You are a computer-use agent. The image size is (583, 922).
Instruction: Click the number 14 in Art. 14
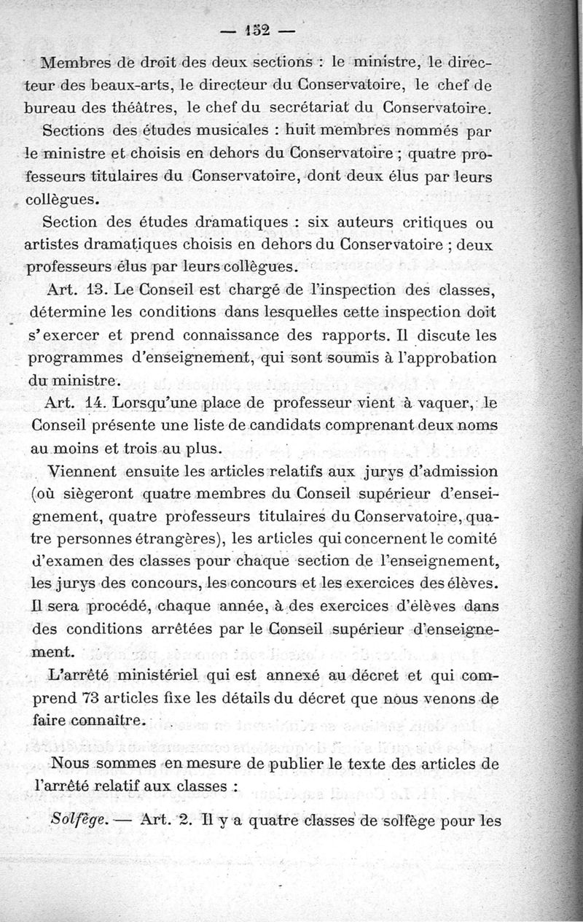[105, 403]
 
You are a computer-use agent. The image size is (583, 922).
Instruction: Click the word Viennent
[76, 472]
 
